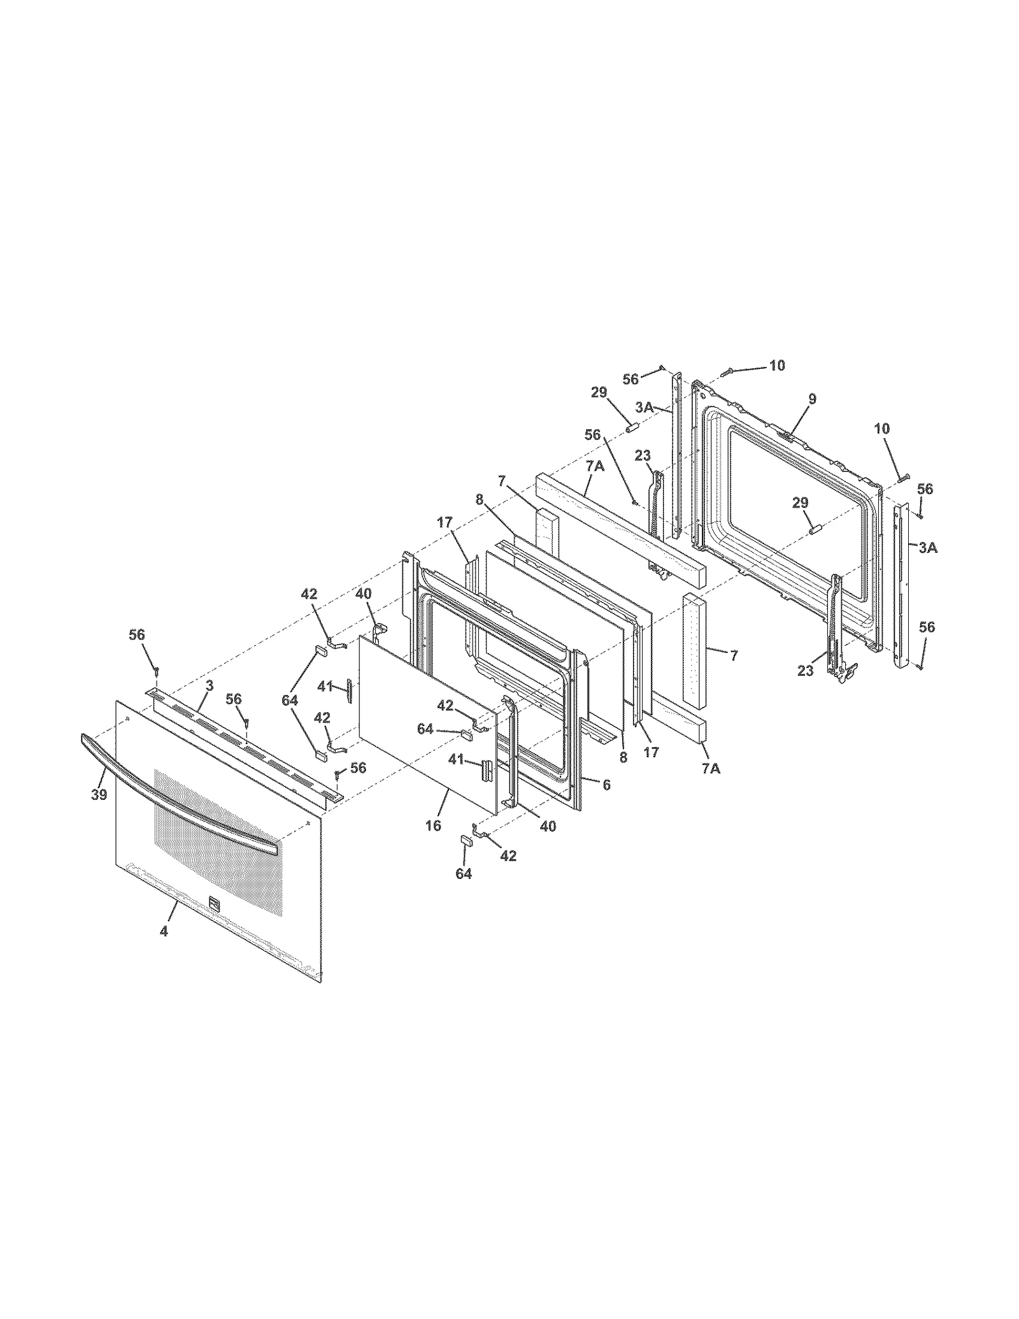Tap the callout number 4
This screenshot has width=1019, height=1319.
coord(164,930)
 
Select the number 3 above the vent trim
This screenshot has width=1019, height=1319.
coord(210,685)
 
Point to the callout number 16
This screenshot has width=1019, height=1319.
coord(433,825)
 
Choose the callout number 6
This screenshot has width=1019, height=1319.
coord(606,785)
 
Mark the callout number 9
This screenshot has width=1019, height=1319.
coord(812,399)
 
